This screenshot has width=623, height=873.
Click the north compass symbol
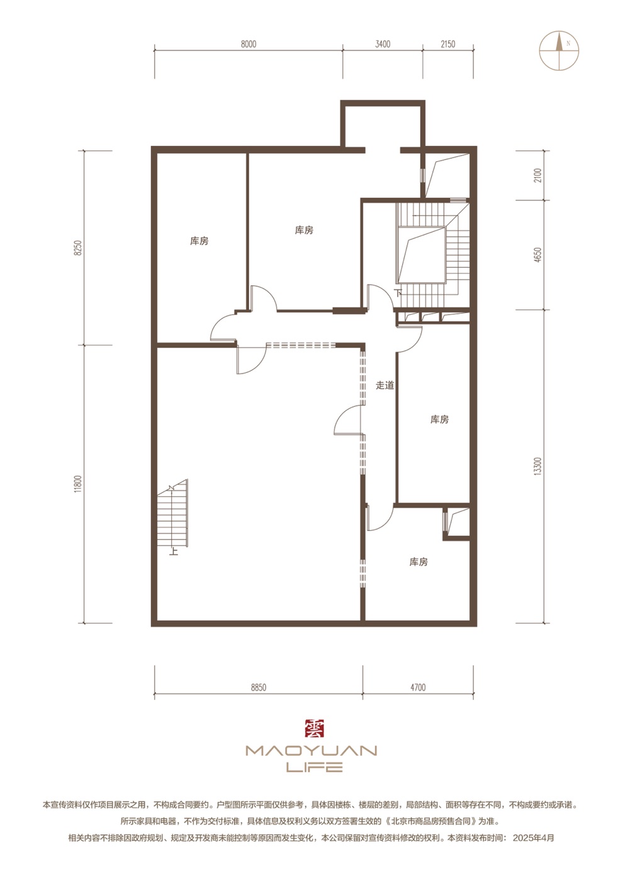[559, 50]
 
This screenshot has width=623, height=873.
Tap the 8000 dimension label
[249, 44]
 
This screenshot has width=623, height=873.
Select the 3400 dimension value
[383, 44]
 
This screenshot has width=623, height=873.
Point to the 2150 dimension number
[448, 44]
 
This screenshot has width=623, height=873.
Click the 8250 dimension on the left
[79, 248]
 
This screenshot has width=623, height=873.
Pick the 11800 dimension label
[79, 484]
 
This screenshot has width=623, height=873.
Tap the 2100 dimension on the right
[537, 176]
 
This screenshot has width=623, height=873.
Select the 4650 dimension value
[537, 255]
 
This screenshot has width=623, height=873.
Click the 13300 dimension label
[537, 466]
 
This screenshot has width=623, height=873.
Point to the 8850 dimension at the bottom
[259, 687]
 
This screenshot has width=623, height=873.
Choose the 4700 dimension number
[418, 687]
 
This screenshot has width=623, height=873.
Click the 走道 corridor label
[384, 385]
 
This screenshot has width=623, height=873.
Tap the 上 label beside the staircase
[174, 551]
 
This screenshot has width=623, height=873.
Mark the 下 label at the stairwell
[398, 293]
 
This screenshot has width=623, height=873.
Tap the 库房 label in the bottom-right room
[418, 562]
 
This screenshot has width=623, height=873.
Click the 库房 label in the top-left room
[199, 241]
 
